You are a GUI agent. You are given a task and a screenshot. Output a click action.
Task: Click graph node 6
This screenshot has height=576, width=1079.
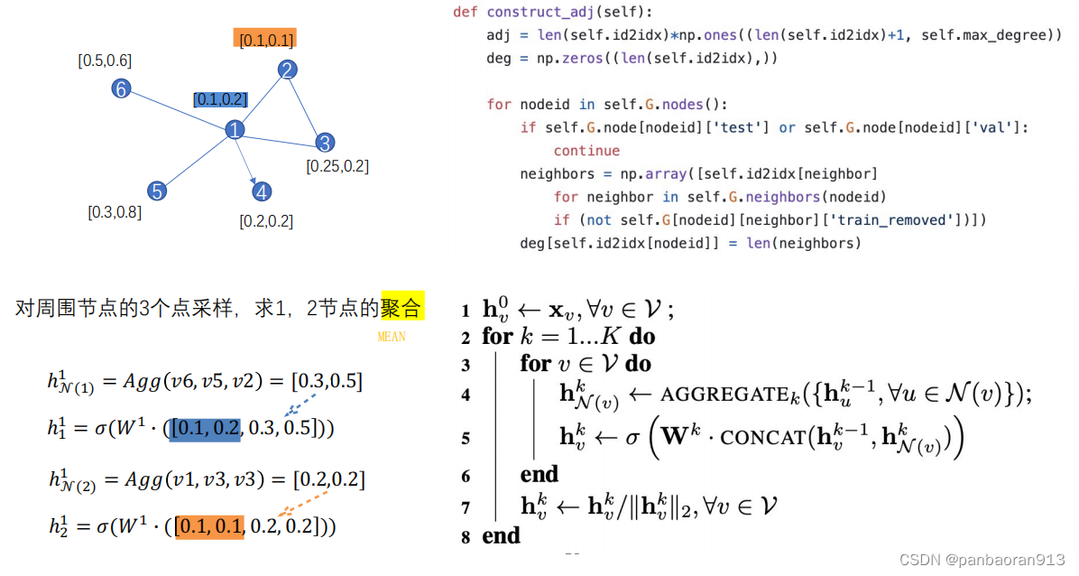(x=121, y=88)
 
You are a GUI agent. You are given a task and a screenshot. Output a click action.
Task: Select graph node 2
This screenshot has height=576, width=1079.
(x=287, y=70)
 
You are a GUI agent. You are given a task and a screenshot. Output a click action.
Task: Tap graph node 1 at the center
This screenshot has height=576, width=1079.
(x=235, y=130)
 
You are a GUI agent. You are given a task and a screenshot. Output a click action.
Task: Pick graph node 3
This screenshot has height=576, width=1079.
(x=325, y=142)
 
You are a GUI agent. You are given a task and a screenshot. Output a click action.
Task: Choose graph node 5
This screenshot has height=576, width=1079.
(x=157, y=190)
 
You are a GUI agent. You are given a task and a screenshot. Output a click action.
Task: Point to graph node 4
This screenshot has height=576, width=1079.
(x=262, y=191)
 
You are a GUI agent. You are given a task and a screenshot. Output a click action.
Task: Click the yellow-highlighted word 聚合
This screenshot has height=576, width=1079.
(x=401, y=309)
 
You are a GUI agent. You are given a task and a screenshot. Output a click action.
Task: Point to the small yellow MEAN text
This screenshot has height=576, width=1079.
(x=392, y=337)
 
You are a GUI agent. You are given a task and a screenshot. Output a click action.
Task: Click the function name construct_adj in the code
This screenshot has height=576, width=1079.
(x=536, y=13)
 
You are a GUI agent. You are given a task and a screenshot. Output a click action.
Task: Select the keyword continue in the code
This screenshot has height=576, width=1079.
(x=586, y=151)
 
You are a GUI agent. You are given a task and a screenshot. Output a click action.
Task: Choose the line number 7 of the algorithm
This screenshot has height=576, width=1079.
(x=466, y=507)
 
